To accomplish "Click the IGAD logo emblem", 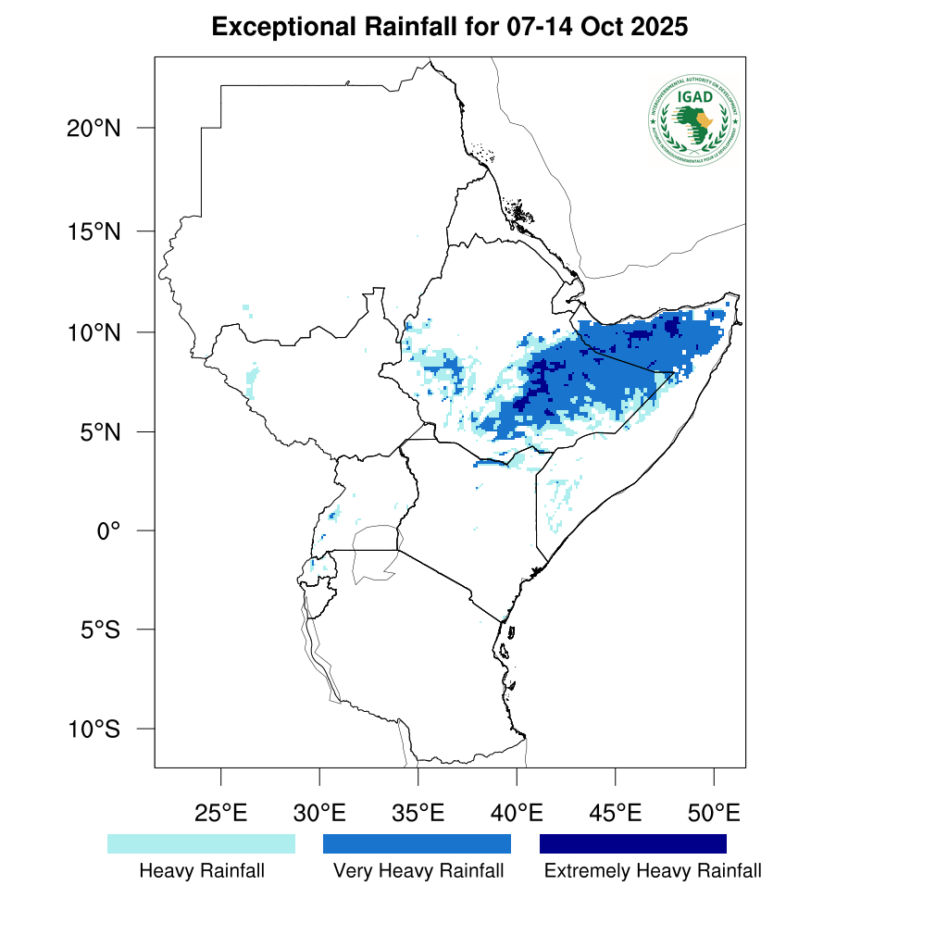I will click(694, 119).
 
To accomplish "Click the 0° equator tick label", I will click(110, 530).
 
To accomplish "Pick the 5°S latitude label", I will click(99, 630).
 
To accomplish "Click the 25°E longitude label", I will click(220, 814).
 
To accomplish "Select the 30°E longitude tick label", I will click(319, 814).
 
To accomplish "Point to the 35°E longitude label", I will click(418, 814).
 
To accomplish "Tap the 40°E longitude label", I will click(517, 814).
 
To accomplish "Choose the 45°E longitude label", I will click(616, 814).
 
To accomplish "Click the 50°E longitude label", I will click(714, 814).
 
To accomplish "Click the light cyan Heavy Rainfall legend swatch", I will click(201, 843).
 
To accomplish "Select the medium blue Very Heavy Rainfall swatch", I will click(417, 843).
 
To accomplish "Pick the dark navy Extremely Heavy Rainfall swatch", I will click(633, 843).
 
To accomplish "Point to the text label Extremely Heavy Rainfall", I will click(653, 871).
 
